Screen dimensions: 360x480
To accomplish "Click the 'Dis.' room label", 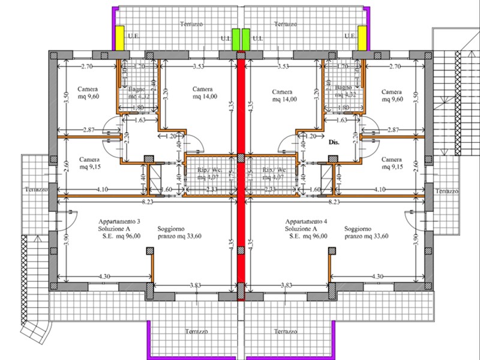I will [334, 144].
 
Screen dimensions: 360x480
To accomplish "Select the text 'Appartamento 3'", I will [120, 221].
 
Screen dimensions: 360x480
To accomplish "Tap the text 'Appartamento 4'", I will [307, 221].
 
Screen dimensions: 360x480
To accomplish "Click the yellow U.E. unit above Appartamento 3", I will [120, 37].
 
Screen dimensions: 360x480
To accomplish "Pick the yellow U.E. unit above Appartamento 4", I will [362, 37].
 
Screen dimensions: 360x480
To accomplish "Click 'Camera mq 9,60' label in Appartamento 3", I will [88, 95].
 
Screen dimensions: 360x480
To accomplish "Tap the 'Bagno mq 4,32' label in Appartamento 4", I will [344, 91].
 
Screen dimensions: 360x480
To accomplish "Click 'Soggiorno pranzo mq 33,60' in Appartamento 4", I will [366, 233].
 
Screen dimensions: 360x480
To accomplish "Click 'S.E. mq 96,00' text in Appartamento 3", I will [121, 236].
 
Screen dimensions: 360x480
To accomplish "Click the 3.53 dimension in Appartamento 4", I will [284, 66].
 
